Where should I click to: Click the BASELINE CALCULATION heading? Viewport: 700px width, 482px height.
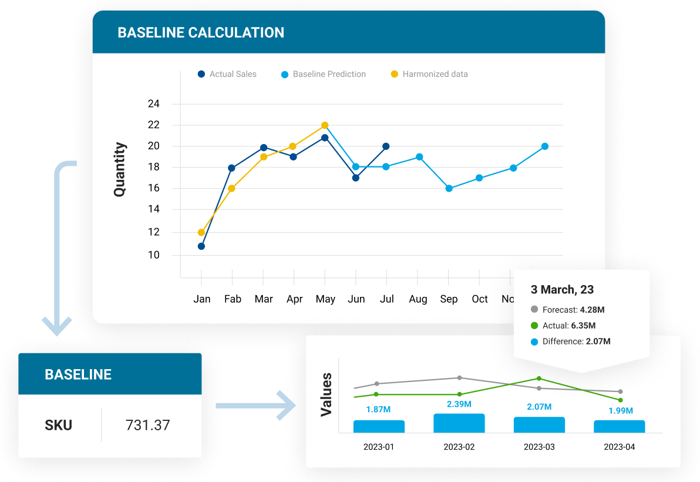point(201,32)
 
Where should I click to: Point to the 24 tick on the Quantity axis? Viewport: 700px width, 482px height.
point(153,104)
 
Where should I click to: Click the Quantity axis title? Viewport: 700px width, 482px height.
point(120,169)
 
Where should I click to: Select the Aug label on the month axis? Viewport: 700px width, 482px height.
point(418,299)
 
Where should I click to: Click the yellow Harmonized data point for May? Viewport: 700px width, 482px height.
point(325,125)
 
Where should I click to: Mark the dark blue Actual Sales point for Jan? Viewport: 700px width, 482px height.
point(201,246)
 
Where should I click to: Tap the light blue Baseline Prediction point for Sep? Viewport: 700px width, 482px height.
point(449,189)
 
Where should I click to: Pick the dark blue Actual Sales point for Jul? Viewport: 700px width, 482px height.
point(386,146)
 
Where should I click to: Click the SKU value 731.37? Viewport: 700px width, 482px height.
point(147,425)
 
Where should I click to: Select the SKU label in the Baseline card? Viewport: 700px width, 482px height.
point(59,425)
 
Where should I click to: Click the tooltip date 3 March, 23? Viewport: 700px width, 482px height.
point(562,290)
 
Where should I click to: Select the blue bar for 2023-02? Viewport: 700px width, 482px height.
point(459,423)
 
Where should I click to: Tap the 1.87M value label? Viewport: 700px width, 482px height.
point(379,409)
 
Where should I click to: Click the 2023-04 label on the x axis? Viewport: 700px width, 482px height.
point(620,447)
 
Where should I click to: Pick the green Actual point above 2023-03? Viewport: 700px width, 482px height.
point(539,379)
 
